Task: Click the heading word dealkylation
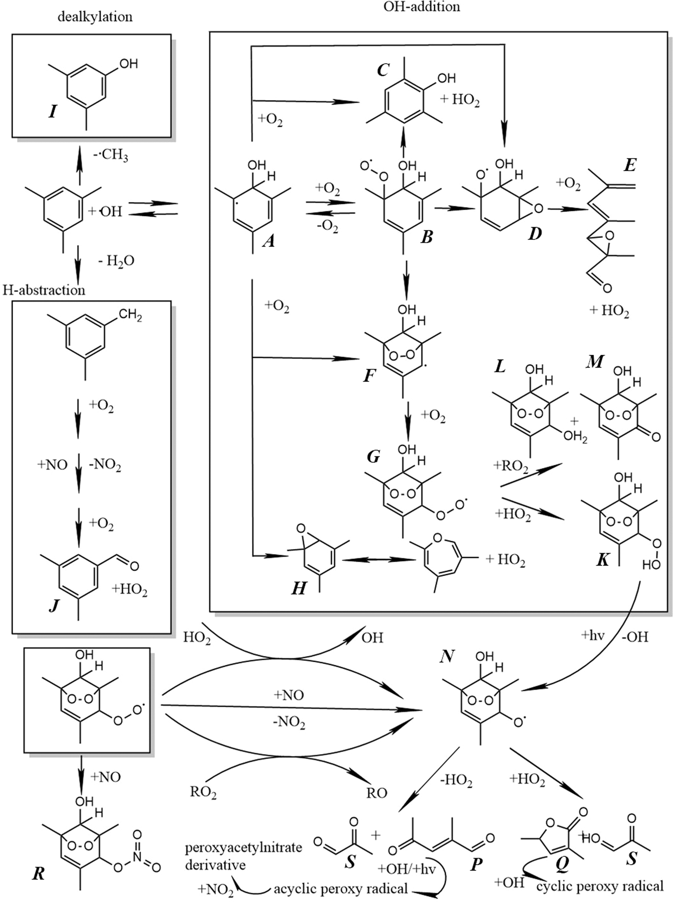(x=95, y=17)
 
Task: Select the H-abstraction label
(x=44, y=290)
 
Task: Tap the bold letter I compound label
(x=53, y=111)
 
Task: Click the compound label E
(x=629, y=165)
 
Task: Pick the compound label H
(x=299, y=588)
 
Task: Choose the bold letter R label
(x=39, y=874)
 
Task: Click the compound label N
(x=447, y=656)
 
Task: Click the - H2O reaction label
(x=116, y=261)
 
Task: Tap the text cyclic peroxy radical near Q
(x=600, y=886)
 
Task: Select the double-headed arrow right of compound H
(x=378, y=560)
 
